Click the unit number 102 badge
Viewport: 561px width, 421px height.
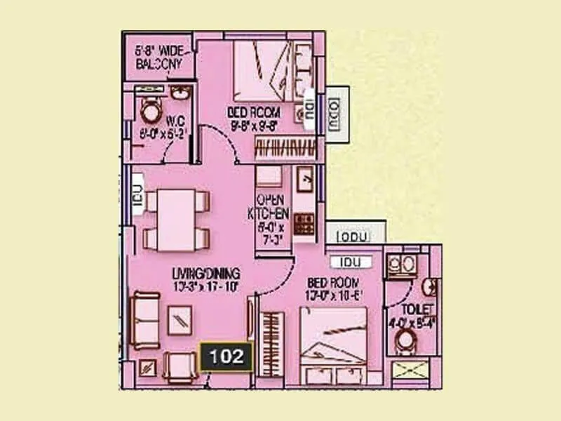point(226,356)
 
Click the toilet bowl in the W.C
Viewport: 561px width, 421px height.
point(150,111)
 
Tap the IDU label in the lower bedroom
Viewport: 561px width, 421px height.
point(351,262)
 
